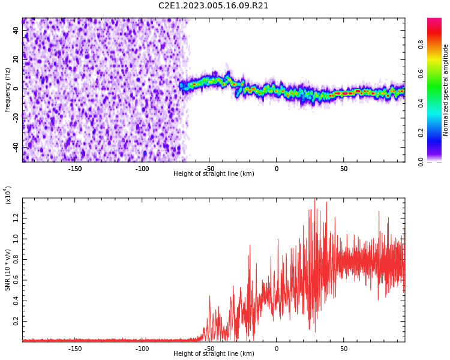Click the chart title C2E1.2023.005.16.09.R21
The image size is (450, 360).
coord(214,6)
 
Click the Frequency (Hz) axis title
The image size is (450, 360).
coord(8,90)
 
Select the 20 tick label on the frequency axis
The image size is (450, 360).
coord(16,59)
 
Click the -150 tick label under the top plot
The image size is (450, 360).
coord(75,169)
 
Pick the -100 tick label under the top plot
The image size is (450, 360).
coord(142,169)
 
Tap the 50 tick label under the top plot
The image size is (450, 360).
coord(344,169)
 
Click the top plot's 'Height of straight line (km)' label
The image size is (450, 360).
coord(214,174)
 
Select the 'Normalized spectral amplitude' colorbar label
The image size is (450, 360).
coord(446,90)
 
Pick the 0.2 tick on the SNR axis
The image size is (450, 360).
coord(16,322)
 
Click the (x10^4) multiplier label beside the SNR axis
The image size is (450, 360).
coord(8,195)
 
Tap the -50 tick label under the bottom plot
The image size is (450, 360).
coord(209,349)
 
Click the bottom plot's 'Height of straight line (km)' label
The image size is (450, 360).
coord(214,354)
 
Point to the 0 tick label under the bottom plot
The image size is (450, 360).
coord(277,349)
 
